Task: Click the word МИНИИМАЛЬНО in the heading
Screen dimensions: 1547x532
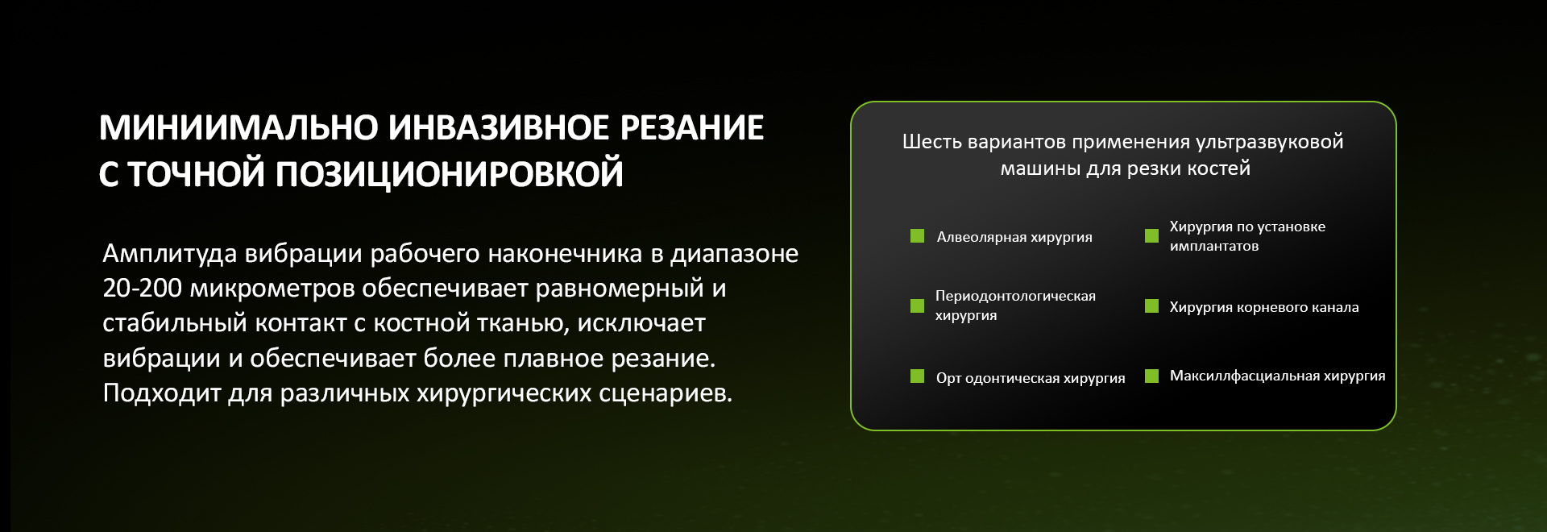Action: tap(238, 128)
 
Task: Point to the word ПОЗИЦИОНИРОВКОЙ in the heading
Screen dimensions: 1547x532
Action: tap(450, 174)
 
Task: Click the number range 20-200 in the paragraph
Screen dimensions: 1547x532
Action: tap(143, 288)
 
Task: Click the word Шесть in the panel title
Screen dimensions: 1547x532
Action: tap(932, 142)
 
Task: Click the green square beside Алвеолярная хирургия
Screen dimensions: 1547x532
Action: tap(917, 236)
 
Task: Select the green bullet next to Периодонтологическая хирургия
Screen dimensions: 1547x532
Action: tap(917, 305)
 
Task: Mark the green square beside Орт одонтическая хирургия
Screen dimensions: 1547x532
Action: tap(917, 376)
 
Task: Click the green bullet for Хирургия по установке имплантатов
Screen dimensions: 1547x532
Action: tap(1151, 236)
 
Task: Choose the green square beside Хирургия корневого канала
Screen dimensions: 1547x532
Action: tap(1151, 306)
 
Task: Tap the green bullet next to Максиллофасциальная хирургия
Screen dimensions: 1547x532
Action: tap(1151, 376)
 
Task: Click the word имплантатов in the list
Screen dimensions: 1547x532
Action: tap(1214, 247)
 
